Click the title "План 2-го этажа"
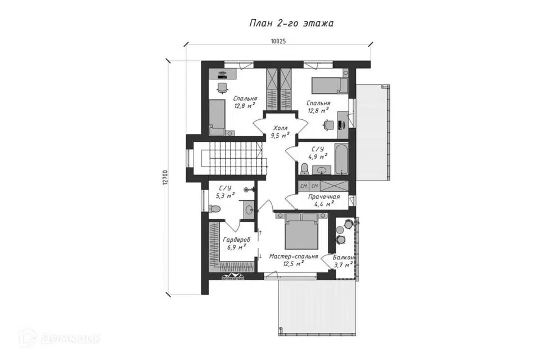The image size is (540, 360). [291, 24]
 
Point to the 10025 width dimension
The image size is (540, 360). [278, 41]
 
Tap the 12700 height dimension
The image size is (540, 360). [165, 178]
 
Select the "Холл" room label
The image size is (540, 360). [281, 128]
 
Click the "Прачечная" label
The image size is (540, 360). [324, 197]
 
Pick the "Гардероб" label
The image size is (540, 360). [236, 240]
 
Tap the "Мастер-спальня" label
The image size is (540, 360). [294, 256]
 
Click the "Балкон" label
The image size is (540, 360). [343, 257]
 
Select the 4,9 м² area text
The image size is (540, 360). [317, 157]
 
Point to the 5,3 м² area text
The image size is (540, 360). [225, 196]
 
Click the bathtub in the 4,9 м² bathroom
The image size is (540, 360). [341, 160]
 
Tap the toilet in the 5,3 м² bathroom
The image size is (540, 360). [214, 209]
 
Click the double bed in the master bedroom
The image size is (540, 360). [301, 231]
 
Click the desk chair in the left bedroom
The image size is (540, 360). [222, 88]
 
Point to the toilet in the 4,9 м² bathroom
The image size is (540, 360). [304, 169]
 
